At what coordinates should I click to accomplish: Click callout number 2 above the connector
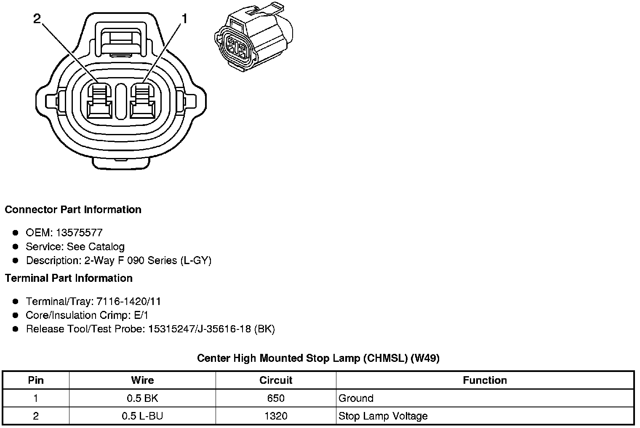click(x=37, y=19)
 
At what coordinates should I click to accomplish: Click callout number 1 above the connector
click(x=185, y=19)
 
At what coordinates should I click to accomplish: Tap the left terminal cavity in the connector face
click(x=99, y=101)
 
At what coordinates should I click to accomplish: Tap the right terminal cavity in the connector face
click(x=143, y=101)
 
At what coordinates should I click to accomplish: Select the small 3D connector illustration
click(x=254, y=37)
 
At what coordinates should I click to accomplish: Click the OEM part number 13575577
click(x=79, y=233)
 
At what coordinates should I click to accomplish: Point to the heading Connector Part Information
click(x=73, y=209)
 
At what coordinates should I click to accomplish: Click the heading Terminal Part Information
click(x=69, y=278)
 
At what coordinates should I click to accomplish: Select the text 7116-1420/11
click(x=128, y=301)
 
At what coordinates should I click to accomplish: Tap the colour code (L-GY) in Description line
click(x=196, y=261)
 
